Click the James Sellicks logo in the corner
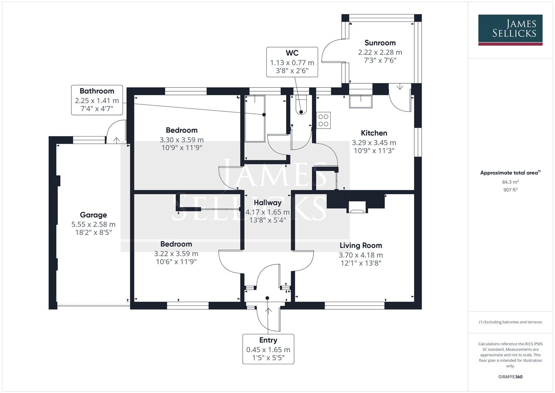point(510,30)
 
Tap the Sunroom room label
point(380,43)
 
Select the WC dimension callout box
point(292,62)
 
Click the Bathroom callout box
point(97,100)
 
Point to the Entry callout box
point(268,349)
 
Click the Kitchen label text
point(374,133)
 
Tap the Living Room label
point(361,246)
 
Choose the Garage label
point(93,215)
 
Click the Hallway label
point(268,203)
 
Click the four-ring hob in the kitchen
point(323,120)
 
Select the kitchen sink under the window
point(361,102)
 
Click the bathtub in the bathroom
point(255,119)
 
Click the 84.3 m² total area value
point(510,182)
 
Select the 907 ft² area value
point(510,190)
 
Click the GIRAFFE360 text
point(510,377)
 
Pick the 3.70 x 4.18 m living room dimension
point(361,255)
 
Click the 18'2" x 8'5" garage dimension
point(94,233)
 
